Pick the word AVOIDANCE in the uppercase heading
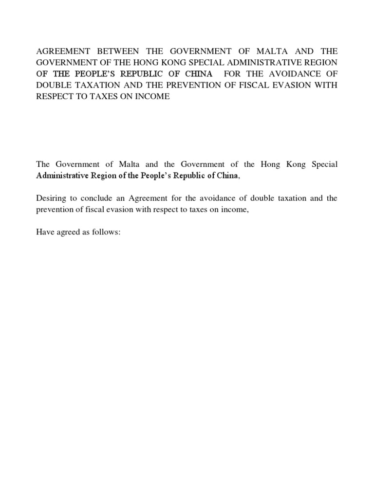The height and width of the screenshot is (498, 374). coord(293,74)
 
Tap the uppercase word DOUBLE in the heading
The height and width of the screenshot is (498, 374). coord(54,85)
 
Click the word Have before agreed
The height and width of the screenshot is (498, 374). coord(45,232)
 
